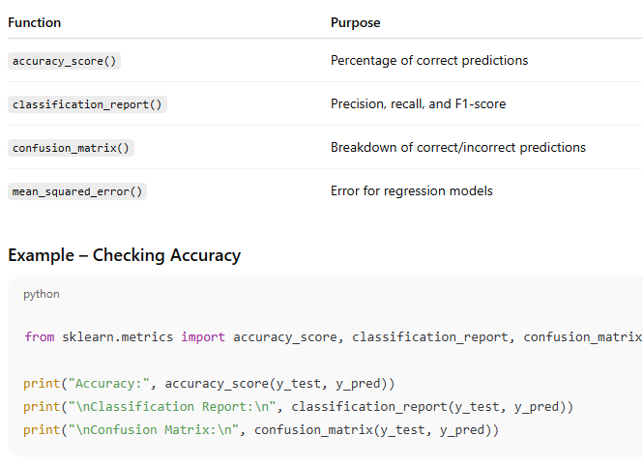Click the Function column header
[35, 22]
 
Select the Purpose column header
[356, 22]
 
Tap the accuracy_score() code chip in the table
[64, 61]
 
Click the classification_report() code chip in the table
[87, 104]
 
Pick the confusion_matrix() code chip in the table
[71, 148]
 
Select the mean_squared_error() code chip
[77, 191]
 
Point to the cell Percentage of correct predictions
[429, 61]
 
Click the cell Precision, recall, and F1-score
[419, 104]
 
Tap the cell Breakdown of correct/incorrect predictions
[458, 148]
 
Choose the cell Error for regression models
[412, 191]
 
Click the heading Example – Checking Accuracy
[125, 255]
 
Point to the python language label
[42, 295]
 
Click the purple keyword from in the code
[40, 337]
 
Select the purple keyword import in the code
[203, 337]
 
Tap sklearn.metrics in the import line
[118, 337]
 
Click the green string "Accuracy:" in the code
[109, 384]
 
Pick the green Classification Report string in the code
[172, 407]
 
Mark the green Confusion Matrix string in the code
[154, 430]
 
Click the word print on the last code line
[42, 430]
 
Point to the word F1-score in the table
[481, 104]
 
